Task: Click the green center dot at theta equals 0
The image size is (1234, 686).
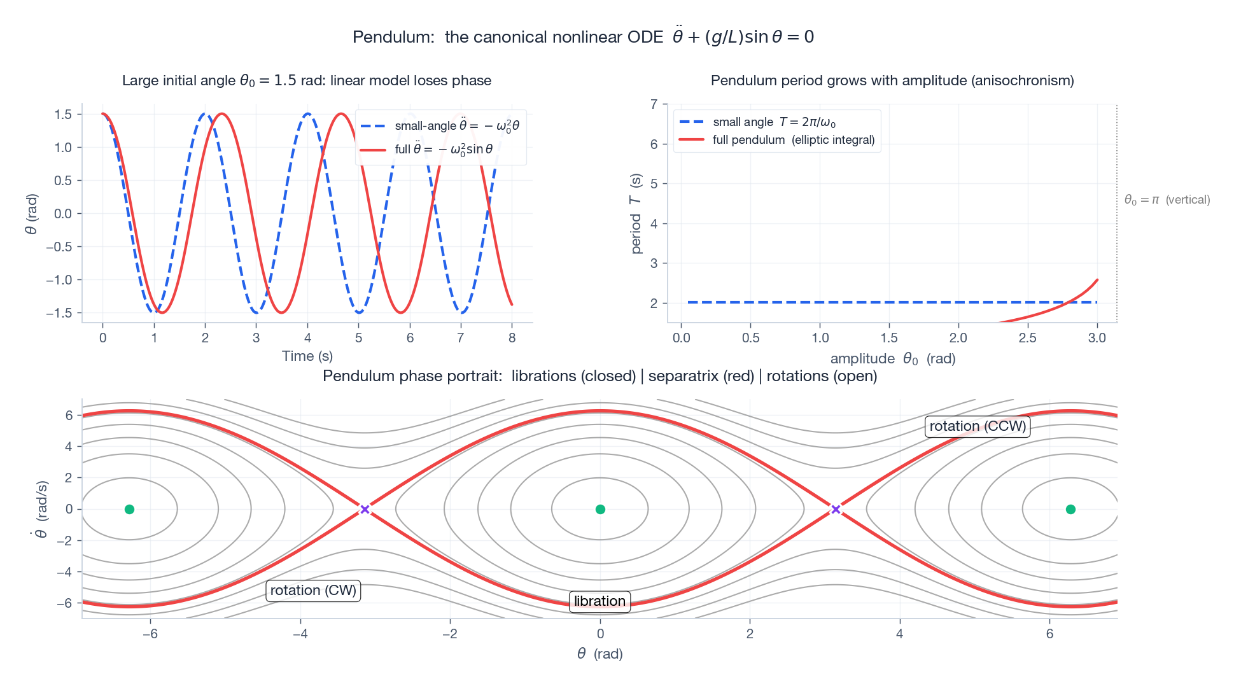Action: point(599,509)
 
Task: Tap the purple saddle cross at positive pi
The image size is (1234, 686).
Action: point(836,509)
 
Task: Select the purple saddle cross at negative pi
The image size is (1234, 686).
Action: point(365,509)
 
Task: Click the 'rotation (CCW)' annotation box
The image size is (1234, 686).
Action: point(978,426)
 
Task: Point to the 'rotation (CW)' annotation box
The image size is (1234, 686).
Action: point(313,591)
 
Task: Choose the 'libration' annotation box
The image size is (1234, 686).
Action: point(599,601)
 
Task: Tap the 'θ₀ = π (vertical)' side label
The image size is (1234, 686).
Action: point(1167,200)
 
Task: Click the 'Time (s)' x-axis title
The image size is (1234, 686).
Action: point(307,356)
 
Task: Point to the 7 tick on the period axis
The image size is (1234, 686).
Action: point(654,104)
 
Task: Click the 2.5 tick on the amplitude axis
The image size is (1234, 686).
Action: point(1027,338)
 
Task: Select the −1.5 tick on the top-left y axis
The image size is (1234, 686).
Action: point(59,313)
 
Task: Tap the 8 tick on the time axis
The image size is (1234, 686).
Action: point(512,338)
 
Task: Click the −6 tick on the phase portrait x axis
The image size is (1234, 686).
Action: point(150,634)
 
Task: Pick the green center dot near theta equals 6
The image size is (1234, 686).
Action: point(1070,509)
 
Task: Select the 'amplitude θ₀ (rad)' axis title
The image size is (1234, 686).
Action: point(892,359)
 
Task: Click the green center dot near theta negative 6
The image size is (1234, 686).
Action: point(129,509)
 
